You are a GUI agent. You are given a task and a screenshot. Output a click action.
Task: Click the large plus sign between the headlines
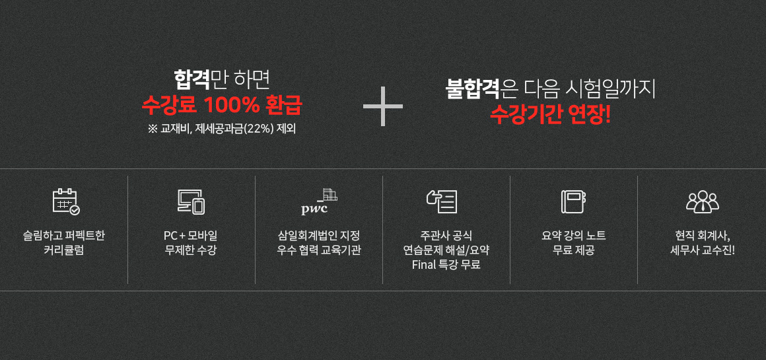[383, 106]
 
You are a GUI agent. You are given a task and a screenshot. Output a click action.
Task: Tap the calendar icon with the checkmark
[66, 201]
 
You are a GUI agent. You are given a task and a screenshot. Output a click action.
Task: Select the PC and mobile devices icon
[191, 201]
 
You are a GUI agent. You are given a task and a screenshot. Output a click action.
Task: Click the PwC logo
[319, 201]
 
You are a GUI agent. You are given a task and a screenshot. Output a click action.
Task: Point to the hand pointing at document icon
[442, 201]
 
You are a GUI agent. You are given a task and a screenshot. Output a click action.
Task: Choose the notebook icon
[574, 201]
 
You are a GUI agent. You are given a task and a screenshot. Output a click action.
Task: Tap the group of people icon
[703, 201]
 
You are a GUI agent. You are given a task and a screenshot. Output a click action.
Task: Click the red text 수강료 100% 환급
[222, 106]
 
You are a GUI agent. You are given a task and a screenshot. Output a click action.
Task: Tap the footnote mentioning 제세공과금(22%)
[221, 129]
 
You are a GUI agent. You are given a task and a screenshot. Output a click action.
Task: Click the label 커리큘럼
[63, 252]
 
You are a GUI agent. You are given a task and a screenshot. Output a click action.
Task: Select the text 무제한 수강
[191, 252]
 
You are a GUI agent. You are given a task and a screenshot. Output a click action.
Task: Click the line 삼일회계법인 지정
[318, 236]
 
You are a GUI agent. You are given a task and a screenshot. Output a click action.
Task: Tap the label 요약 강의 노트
[574, 236]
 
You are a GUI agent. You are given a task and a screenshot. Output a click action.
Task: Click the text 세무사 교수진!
[703, 252]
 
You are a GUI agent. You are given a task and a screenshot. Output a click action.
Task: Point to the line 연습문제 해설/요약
[446, 251]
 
